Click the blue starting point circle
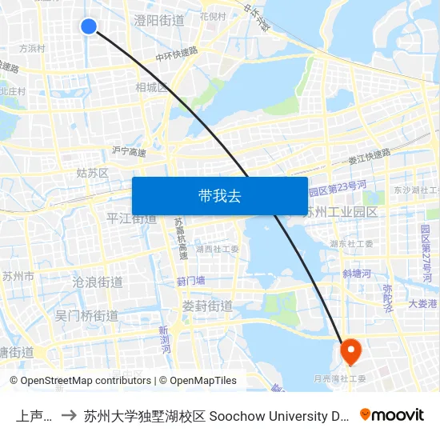coord(89,26)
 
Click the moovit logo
coord(392,414)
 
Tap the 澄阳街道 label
coord(159,19)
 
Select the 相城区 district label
coord(151,87)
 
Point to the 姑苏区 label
coord(92,173)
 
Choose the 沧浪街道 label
coord(98,282)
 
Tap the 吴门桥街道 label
coord(86,316)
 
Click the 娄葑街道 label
coord(207,306)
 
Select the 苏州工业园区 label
coord(340,212)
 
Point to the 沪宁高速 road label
coord(130,151)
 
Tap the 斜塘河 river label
coord(356,274)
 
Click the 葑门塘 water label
coord(191,281)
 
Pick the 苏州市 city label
coord(18,277)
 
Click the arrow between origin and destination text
coord(69,415)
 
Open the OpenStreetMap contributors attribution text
coord(84,381)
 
